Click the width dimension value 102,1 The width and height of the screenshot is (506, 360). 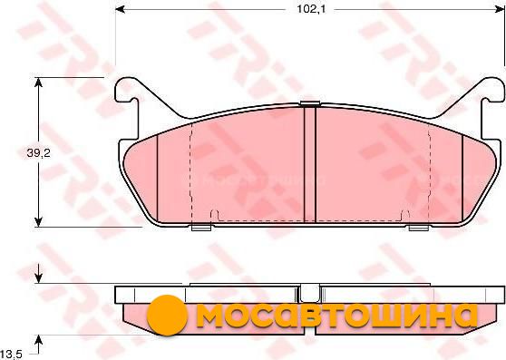307,9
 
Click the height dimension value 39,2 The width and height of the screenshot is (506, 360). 38,153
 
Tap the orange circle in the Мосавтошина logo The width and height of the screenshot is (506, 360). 167,315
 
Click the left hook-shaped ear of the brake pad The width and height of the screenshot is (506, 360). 126,91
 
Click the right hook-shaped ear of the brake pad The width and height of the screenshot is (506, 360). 492,91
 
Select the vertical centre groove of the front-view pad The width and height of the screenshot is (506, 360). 310,164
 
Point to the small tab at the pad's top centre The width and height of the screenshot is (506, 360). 310,103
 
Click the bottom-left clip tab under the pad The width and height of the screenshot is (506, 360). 201,227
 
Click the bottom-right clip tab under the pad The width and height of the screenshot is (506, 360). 419,227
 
